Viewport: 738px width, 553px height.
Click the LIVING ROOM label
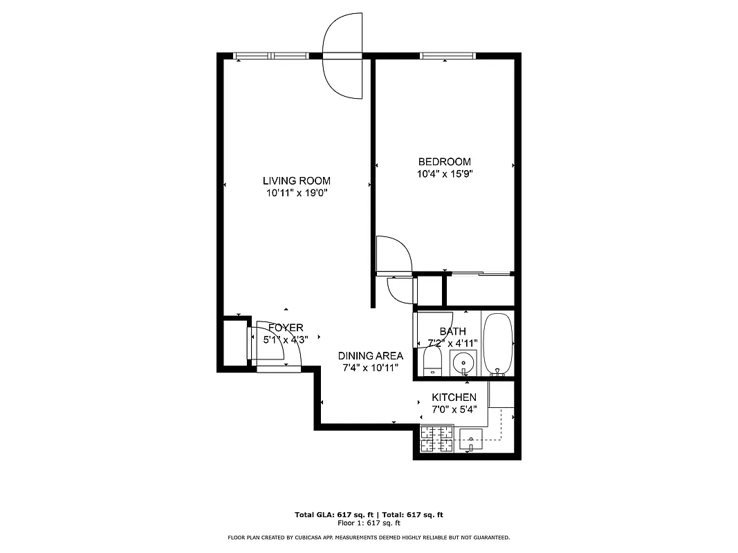click(x=297, y=181)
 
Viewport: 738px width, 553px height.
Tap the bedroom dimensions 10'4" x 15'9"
click(x=445, y=174)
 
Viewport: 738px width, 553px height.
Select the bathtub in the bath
click(x=497, y=343)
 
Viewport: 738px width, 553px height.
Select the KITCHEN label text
click(x=454, y=397)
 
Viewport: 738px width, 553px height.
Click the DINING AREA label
click(x=370, y=356)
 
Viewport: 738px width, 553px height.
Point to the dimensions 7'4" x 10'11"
click(x=370, y=368)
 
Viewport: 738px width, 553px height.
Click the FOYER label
click(x=285, y=328)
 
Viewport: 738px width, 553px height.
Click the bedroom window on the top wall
click(x=448, y=56)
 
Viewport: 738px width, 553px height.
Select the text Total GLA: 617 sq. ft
click(x=335, y=515)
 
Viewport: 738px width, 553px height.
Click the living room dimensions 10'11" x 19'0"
click(x=296, y=194)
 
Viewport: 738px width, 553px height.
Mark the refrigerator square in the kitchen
click(x=501, y=393)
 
